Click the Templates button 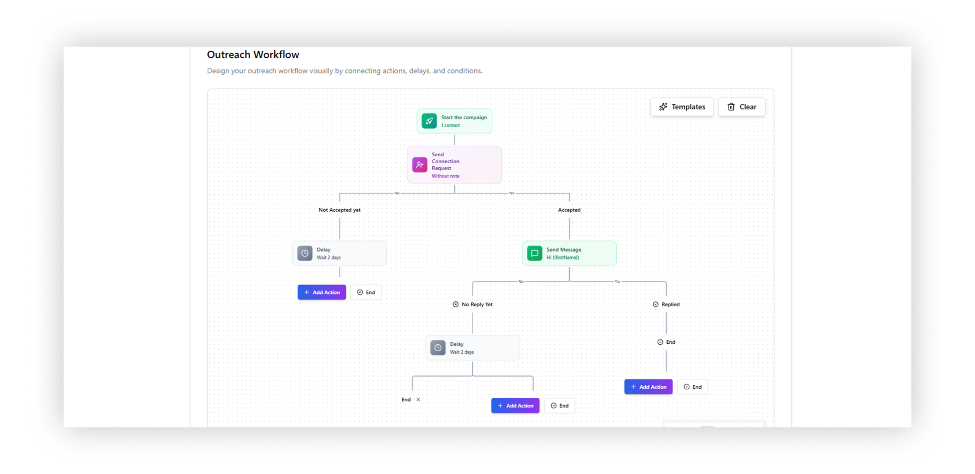tap(682, 107)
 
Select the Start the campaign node tap(455, 121)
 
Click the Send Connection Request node tap(455, 165)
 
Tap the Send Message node tap(570, 254)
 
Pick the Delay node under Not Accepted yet tap(340, 254)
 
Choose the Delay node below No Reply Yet tap(473, 348)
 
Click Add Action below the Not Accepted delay tap(322, 292)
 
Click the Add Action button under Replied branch tap(649, 387)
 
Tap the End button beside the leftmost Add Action tap(366, 292)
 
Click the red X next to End tap(418, 400)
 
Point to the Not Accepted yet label tap(340, 210)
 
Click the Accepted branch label tap(570, 210)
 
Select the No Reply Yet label tap(473, 305)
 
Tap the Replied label tap(666, 305)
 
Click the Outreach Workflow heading tap(253, 55)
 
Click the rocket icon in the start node tap(429, 121)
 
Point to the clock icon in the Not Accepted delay tap(305, 254)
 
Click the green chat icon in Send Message tap(535, 254)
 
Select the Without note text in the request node tap(446, 176)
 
